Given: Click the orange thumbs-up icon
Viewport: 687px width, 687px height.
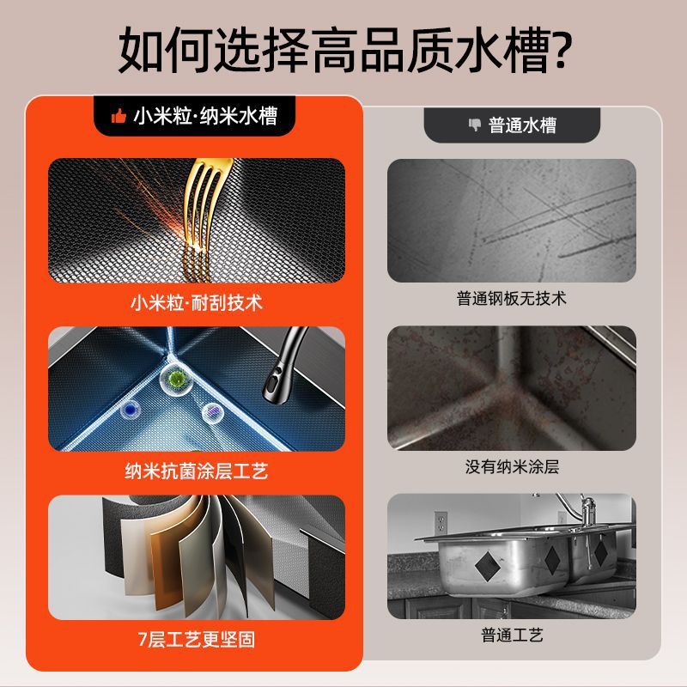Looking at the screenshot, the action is pyautogui.click(x=119, y=116).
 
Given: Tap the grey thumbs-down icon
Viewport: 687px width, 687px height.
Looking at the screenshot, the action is pyautogui.click(x=475, y=125).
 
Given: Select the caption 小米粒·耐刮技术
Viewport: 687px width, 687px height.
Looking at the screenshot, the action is pyautogui.click(x=197, y=303).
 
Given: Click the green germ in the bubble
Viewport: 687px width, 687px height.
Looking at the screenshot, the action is pyautogui.click(x=176, y=378).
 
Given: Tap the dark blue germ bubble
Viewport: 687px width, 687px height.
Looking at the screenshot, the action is pyautogui.click(x=131, y=410).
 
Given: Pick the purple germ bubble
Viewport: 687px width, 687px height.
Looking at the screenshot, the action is pyautogui.click(x=213, y=412).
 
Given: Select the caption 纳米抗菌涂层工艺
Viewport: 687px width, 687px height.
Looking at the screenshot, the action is pyautogui.click(x=197, y=471).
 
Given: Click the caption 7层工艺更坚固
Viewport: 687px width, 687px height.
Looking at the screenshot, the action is pyautogui.click(x=197, y=639).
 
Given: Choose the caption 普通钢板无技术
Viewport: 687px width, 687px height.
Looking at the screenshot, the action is pyautogui.click(x=511, y=298).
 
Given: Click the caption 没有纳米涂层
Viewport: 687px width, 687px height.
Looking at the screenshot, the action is pyautogui.click(x=512, y=466).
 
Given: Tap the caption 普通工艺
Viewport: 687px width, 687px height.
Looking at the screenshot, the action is pyautogui.click(x=512, y=635).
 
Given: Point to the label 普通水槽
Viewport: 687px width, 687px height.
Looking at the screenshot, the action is pyautogui.click(x=522, y=125).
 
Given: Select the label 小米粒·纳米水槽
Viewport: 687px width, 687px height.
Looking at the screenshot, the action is pyautogui.click(x=205, y=116).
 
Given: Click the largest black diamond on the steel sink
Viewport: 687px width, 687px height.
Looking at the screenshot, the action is pyautogui.click(x=488, y=567).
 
